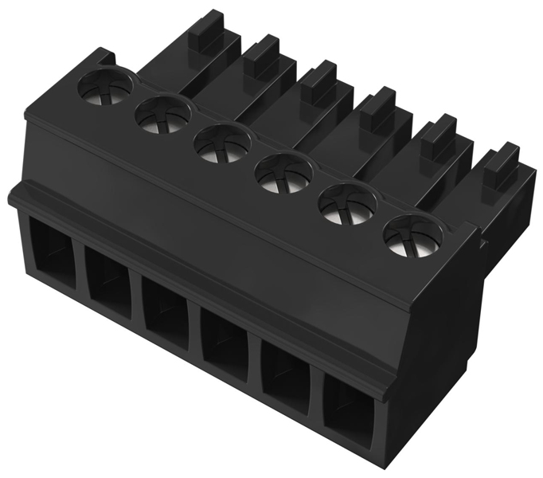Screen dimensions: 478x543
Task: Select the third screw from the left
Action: (221, 144)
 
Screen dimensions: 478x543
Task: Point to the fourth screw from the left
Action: (282, 173)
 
